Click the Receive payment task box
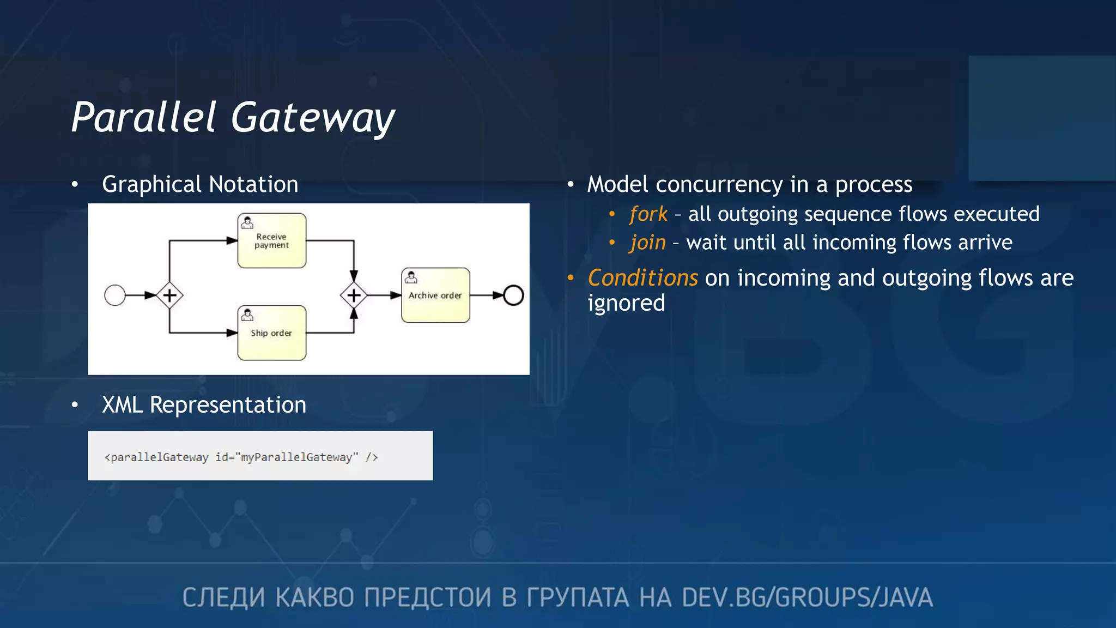coord(271,241)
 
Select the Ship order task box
coord(271,333)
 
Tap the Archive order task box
coord(435,295)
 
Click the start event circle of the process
coord(115,295)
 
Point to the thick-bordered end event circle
coord(513,295)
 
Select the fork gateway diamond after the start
coord(169,295)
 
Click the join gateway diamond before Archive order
coord(354,295)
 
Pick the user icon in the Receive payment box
coord(247,222)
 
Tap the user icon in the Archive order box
coord(411,277)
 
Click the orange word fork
coord(648,214)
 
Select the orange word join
coord(647,243)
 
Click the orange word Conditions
coord(642,278)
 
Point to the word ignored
coord(626,303)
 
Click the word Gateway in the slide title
coord(313,118)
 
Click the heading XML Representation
coord(204,405)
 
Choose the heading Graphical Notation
coord(200,184)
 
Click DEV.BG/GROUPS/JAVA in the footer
coord(807,597)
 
